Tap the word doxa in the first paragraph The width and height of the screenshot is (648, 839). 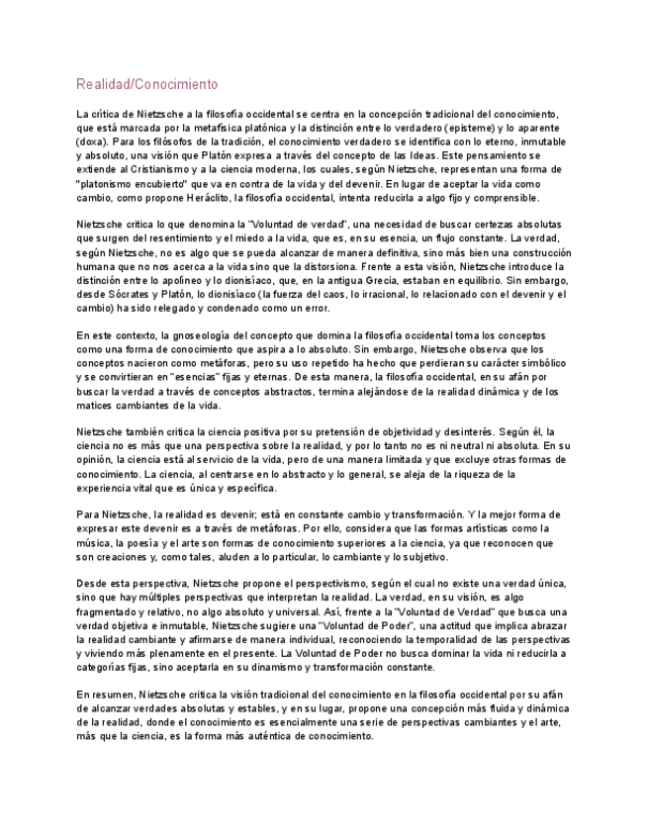coord(92,141)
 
